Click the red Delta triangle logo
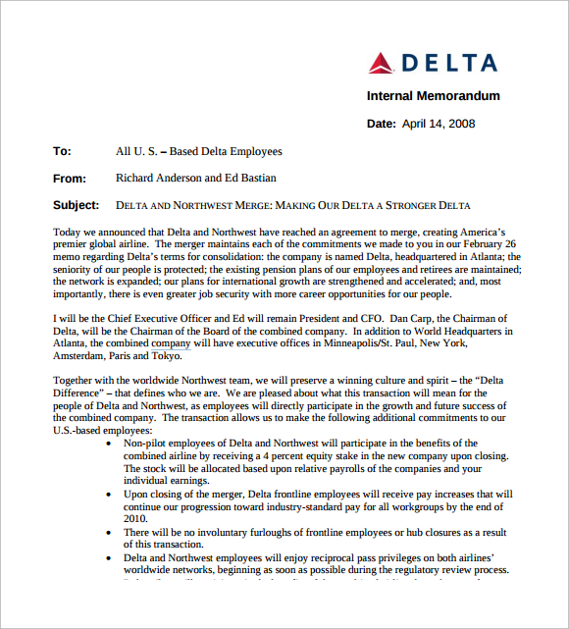[x=381, y=63]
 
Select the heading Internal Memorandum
[x=433, y=96]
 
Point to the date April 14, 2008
[x=439, y=124]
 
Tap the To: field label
[x=62, y=152]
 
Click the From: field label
[x=70, y=179]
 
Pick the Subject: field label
[x=76, y=206]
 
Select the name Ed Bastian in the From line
[x=250, y=179]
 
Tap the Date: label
[x=381, y=124]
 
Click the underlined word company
[x=171, y=344]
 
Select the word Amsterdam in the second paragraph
[x=82, y=357]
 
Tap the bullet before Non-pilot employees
[x=108, y=445]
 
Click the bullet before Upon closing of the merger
[x=108, y=495]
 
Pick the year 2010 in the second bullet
[x=135, y=520]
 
